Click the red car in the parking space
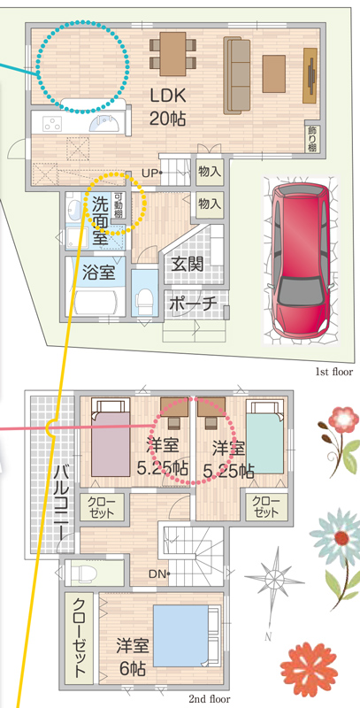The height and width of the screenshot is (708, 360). pyautogui.click(x=299, y=259)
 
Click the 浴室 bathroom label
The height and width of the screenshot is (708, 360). pyautogui.click(x=98, y=273)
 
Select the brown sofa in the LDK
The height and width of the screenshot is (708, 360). pyautogui.click(x=237, y=76)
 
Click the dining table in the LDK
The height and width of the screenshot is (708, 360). pyautogui.click(x=172, y=54)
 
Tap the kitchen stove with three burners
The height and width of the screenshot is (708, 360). pyautogui.click(x=54, y=122)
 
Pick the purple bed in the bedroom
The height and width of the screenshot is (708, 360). pyautogui.click(x=111, y=438)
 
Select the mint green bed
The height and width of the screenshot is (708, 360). pyautogui.click(x=266, y=438)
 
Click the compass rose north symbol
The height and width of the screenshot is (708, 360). pyautogui.click(x=274, y=578)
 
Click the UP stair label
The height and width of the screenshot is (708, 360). pyautogui.click(x=149, y=173)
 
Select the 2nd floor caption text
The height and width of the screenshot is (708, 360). pyautogui.click(x=209, y=699)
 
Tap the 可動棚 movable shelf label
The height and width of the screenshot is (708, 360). pyautogui.click(x=118, y=206)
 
